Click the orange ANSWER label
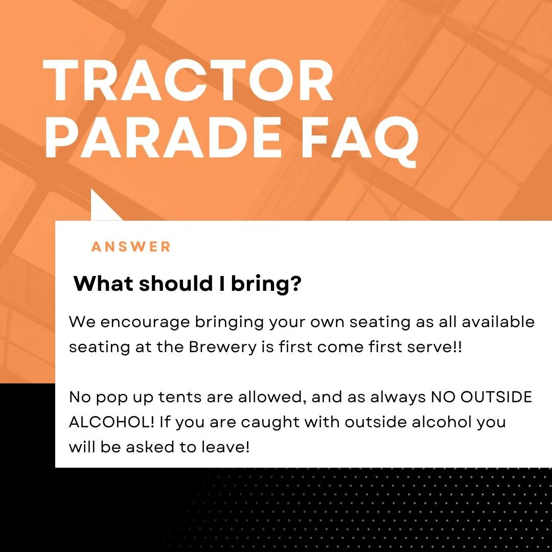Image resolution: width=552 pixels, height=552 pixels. click(131, 247)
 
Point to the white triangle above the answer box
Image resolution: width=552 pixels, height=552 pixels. click(102, 206)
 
